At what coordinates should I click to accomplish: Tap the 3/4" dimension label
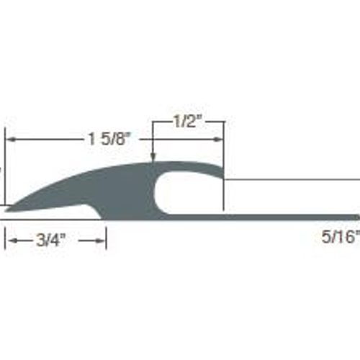51,240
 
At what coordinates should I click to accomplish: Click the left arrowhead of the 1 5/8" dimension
10,139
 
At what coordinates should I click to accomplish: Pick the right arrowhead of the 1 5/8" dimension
218,139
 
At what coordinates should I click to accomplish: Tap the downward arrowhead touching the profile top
153,158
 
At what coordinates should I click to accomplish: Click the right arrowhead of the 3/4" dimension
101,240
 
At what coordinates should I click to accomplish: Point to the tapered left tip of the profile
6,210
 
